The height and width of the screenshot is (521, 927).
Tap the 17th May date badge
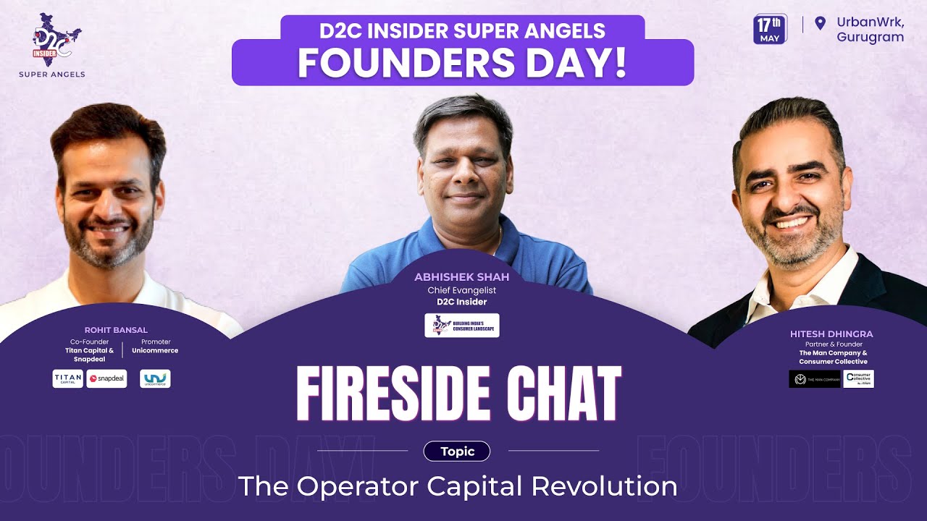[x=770, y=29]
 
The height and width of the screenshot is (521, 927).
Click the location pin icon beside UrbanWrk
[x=820, y=23]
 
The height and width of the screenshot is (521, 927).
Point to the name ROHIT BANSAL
[x=115, y=330]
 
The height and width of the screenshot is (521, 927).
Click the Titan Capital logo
[x=68, y=378]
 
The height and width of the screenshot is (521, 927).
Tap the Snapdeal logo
[x=106, y=378]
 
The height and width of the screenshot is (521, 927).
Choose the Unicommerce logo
[x=155, y=378]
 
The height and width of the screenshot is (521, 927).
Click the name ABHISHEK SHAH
[x=461, y=277]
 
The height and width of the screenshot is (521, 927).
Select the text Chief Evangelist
[x=461, y=290]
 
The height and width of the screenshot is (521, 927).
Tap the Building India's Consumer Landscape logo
[x=462, y=325]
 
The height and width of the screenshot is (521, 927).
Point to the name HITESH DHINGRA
[x=831, y=334]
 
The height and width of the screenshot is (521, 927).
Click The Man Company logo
[x=814, y=379]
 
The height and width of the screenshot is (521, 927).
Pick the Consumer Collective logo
[x=858, y=379]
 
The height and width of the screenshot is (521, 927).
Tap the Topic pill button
[x=457, y=452]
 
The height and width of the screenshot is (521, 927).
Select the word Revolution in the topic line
[x=604, y=486]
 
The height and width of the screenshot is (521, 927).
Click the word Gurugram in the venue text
[x=870, y=37]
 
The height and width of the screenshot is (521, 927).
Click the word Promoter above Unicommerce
[x=156, y=342]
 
